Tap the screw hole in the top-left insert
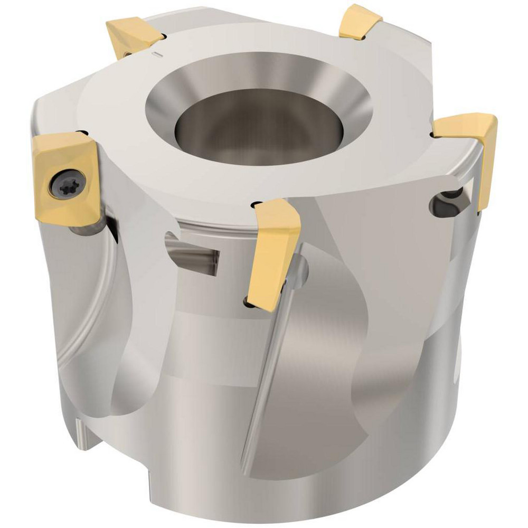coord(129,53)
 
